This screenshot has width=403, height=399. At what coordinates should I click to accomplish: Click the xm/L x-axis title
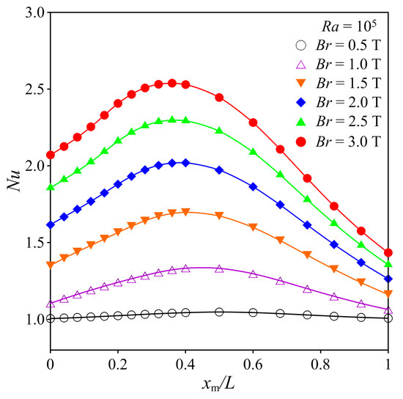(218, 385)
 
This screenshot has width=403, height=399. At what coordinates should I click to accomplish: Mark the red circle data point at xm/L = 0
(50, 155)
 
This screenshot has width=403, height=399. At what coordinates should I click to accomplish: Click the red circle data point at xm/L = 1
(388, 252)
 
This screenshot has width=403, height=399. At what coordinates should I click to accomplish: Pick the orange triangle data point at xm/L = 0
(50, 265)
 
